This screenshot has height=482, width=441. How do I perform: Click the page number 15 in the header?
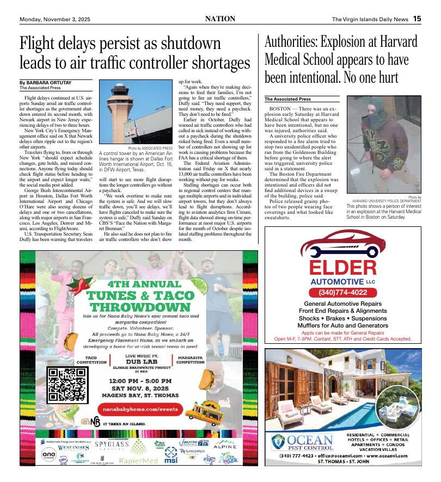[x=416, y=18]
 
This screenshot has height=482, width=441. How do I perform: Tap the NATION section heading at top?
[x=220, y=18]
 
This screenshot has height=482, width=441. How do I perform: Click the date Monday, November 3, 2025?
[x=55, y=19]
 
